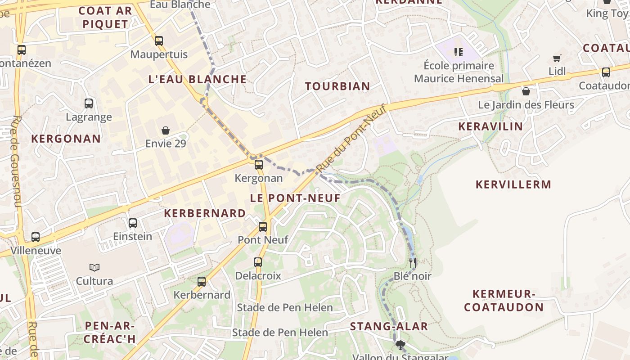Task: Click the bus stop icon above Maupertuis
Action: tap(159, 41)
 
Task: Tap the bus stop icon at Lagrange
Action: tap(89, 103)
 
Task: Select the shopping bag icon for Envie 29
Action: tap(166, 130)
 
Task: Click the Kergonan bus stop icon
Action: tap(259, 165)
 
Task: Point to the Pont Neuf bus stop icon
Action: tap(263, 227)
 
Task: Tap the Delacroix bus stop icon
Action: tap(258, 262)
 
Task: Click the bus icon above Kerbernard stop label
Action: tap(202, 282)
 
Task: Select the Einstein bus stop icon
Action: tap(133, 223)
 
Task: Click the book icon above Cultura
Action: tap(94, 268)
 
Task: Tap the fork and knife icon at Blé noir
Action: tap(413, 262)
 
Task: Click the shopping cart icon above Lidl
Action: tap(557, 58)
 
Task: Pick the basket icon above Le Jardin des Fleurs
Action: tap(526, 92)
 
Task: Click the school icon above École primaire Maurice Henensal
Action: tap(459, 52)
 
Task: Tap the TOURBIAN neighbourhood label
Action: tap(337, 86)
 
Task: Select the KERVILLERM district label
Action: tap(513, 184)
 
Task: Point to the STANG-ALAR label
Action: tap(389, 327)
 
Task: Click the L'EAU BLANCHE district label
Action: tap(198, 80)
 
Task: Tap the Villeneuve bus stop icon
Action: tap(36, 237)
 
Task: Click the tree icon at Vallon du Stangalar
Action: tap(400, 345)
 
